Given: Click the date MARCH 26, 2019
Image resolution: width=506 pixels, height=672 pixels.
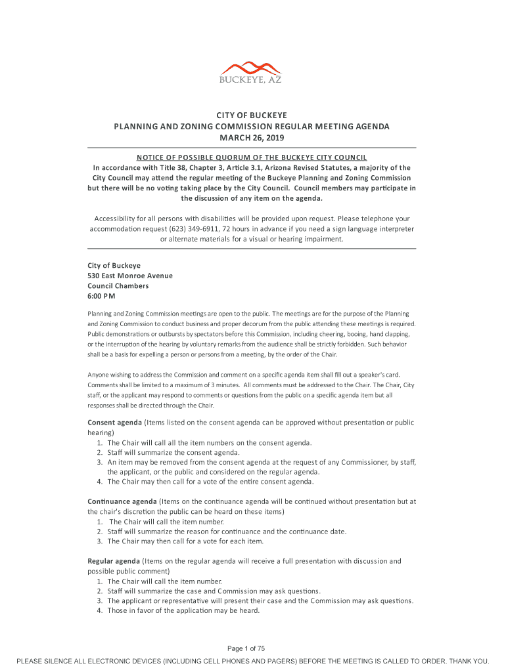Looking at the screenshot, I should tap(252, 138).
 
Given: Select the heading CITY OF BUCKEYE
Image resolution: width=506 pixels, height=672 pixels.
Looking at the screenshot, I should tap(252, 115).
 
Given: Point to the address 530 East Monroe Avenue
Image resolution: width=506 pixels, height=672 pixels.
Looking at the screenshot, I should tap(130, 276).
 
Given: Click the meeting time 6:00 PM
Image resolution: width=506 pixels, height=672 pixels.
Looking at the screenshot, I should tap(102, 297).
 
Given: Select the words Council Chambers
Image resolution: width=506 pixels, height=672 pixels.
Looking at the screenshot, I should tap(118, 286).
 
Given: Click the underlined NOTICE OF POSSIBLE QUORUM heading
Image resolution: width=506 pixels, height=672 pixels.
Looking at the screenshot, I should tap(252, 157).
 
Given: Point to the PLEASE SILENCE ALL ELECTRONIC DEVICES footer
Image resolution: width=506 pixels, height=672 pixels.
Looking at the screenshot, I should tap(252, 661).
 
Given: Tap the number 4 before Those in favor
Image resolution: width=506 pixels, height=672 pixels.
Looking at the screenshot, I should tap(99, 610).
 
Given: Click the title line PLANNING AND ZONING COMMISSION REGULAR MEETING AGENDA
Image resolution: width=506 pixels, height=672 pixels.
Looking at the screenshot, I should tap(252, 127).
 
